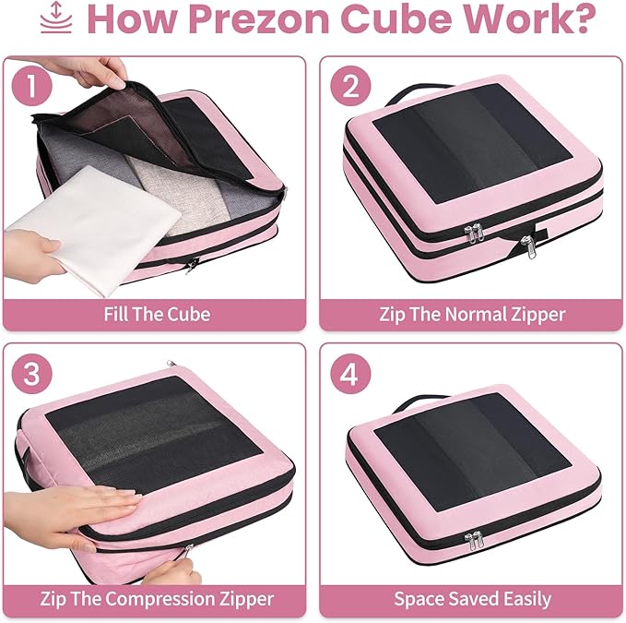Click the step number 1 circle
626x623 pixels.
(32, 87)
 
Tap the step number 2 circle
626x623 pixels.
(350, 87)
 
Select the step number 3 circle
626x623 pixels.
(32, 374)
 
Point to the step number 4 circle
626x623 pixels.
(350, 375)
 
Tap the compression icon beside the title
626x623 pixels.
(56, 18)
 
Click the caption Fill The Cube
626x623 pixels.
(157, 314)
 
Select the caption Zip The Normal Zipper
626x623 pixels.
(472, 315)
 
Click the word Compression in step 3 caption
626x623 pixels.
(160, 599)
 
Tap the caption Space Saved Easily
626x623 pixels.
(473, 599)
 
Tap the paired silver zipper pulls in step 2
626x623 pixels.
(474, 233)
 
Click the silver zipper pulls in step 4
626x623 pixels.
(474, 540)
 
